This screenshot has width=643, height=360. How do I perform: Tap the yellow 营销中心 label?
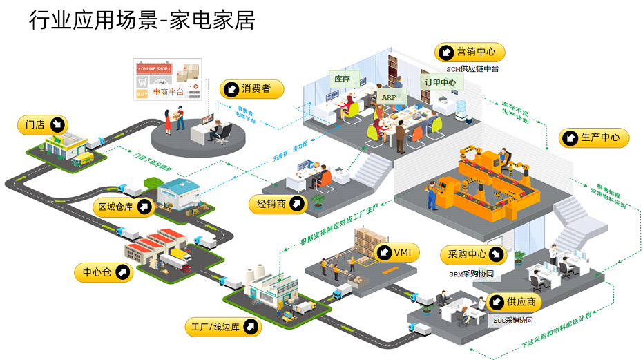(x=470, y=52)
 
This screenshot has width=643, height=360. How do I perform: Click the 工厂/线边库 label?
(x=223, y=326)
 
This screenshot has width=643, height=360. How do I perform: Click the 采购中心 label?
(x=474, y=255)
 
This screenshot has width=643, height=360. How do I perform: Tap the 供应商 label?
(x=514, y=302)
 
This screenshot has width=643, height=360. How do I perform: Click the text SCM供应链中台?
(x=472, y=69)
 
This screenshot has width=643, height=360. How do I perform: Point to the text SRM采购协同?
(x=472, y=274)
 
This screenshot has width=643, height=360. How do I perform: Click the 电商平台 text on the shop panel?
(x=169, y=91)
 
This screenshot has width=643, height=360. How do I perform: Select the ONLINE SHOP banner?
(x=153, y=69)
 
